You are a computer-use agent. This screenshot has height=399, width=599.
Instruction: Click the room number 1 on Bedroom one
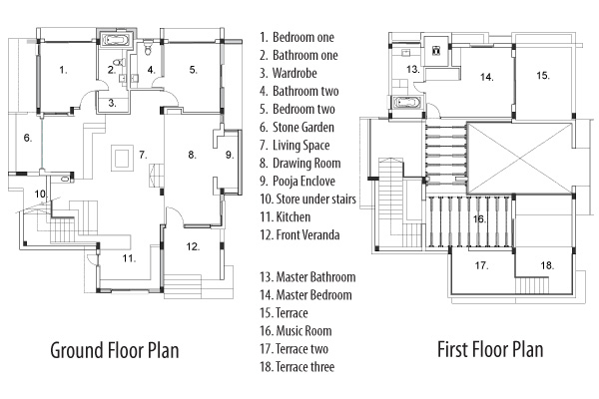[62, 70]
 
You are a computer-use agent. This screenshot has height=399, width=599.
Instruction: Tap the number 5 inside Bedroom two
[194, 70]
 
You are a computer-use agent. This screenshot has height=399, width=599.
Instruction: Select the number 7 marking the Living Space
[143, 154]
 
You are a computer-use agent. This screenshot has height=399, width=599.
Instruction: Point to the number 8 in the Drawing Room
[192, 155]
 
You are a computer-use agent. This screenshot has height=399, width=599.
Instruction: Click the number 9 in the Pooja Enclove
[229, 154]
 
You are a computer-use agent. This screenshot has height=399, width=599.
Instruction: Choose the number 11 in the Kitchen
[129, 257]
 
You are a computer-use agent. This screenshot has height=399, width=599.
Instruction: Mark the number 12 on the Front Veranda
[193, 244]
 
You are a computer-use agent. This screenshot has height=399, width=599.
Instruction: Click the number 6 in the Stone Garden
[28, 138]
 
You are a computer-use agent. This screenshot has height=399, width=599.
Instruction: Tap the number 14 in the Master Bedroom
[485, 76]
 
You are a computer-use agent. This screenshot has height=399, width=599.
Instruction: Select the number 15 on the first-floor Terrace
[542, 75]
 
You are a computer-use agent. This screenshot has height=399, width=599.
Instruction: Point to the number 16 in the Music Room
[479, 217]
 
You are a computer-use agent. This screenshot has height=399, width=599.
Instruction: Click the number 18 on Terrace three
[546, 265]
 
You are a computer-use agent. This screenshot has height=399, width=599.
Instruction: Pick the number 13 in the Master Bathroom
[412, 69]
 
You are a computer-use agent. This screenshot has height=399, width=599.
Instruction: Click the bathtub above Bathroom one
[118, 41]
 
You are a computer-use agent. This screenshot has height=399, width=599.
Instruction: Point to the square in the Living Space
[122, 157]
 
